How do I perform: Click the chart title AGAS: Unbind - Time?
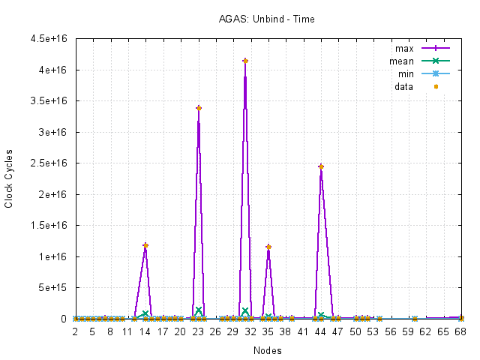(x=262, y=18)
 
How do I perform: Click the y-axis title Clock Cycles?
(x=9, y=178)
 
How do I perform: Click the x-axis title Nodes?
(x=268, y=350)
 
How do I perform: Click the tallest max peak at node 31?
(x=245, y=61)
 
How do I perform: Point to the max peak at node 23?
(x=199, y=108)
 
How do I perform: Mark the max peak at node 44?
(x=321, y=166)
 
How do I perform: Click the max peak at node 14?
(x=145, y=245)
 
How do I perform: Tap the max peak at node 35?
(x=268, y=247)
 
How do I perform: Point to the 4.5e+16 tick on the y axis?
(x=52, y=38)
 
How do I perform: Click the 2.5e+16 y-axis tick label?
(x=52, y=163)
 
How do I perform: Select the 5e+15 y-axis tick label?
(x=55, y=287)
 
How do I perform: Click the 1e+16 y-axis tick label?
(x=55, y=256)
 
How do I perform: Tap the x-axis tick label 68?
(x=461, y=331)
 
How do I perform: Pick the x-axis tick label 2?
(x=75, y=331)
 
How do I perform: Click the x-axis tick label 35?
(x=268, y=331)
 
